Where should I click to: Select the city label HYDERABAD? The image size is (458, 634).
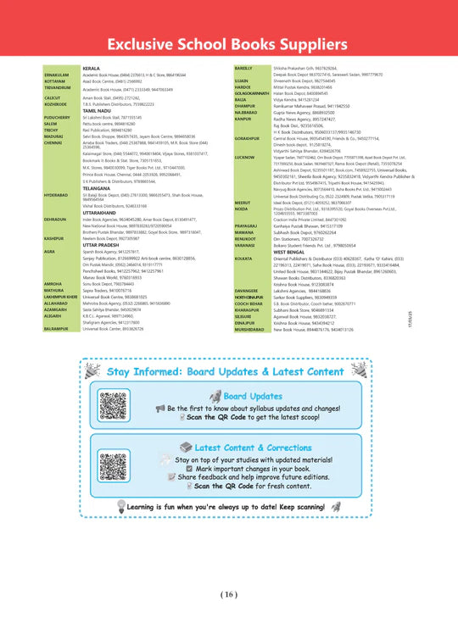[56, 194]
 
